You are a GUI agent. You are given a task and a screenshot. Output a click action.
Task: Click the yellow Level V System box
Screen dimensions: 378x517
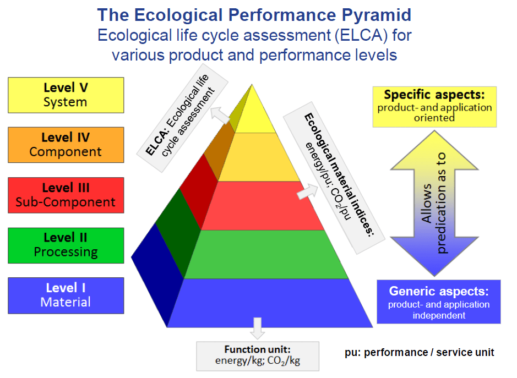click(x=66, y=95)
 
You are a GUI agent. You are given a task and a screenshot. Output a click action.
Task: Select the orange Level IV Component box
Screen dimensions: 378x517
click(x=66, y=145)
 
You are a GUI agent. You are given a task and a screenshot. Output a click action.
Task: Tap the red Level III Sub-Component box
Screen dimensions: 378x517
click(x=66, y=195)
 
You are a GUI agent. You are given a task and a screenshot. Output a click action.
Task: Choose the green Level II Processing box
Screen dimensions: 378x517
click(x=66, y=245)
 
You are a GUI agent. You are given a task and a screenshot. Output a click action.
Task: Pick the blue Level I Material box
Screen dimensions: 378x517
click(x=66, y=295)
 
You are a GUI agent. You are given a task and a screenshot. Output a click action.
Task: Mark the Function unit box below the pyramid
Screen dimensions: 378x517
click(x=257, y=355)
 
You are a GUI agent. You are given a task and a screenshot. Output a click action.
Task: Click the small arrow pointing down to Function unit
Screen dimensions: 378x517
click(x=257, y=328)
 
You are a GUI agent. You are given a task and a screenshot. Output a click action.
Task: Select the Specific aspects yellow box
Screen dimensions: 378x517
click(x=434, y=107)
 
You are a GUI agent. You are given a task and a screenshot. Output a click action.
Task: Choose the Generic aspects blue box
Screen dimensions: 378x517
click(x=438, y=302)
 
